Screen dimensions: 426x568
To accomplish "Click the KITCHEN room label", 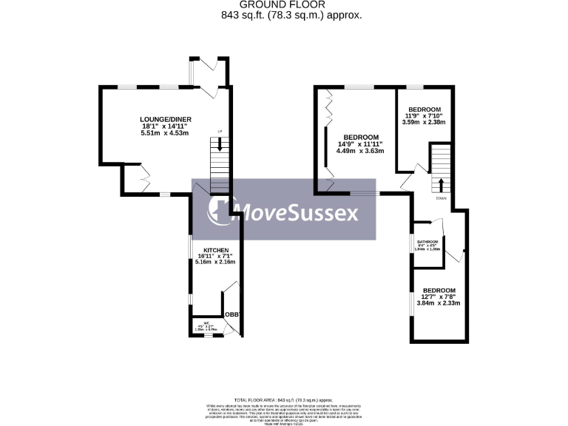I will pos(206,250).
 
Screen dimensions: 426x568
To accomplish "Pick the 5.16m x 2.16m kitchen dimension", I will pos(214,262).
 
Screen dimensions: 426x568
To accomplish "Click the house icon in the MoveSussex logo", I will pos(220,210).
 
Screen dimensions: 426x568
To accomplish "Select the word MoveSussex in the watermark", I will pos(300,213).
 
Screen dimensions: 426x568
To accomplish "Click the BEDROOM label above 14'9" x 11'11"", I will pos(361,137).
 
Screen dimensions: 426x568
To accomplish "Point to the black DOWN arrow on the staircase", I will pos(441,183).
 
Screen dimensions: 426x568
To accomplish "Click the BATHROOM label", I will pos(427,242).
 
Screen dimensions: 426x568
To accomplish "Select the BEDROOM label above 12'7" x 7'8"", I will pos(439,290).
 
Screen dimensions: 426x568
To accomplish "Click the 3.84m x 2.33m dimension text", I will pos(439,303).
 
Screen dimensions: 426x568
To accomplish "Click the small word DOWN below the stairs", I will pos(441,198).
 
